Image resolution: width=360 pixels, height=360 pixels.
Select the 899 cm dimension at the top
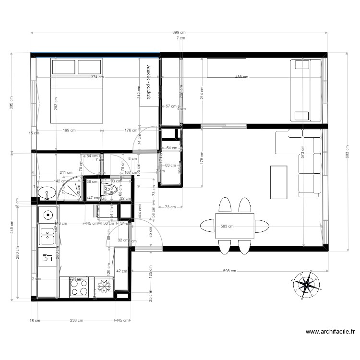tap(180, 33)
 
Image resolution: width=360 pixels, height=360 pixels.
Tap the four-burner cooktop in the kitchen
tap(79, 287)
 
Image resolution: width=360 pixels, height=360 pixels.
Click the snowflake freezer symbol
tap(103, 287)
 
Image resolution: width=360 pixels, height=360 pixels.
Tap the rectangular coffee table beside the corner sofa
tap(279, 182)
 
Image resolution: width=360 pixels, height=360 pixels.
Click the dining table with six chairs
tap(235, 226)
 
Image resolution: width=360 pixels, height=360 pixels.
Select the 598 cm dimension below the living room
tap(229, 271)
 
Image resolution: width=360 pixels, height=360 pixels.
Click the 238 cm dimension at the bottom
tap(76, 321)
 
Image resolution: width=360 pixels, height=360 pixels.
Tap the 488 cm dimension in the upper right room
tap(241, 77)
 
